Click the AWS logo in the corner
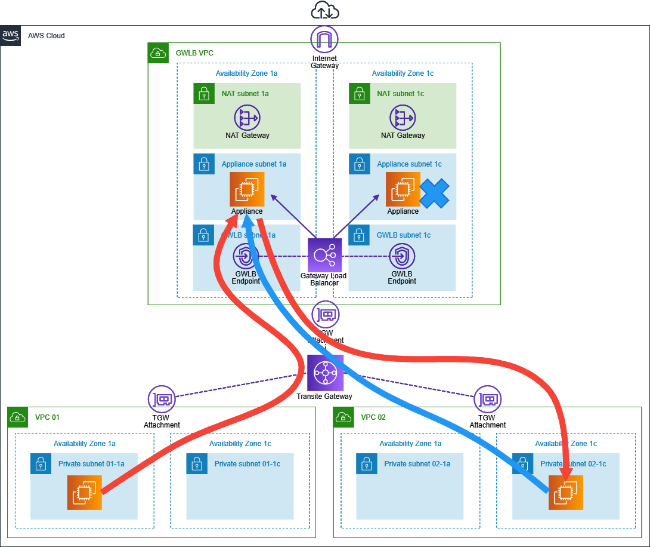click(x=11, y=36)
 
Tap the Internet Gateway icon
click(x=324, y=40)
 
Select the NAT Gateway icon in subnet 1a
click(x=247, y=118)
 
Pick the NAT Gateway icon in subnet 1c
click(x=403, y=118)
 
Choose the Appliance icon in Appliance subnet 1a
click(x=247, y=189)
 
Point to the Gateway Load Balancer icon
click(x=324, y=256)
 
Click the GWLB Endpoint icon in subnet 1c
click(x=402, y=257)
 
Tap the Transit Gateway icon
click(x=325, y=373)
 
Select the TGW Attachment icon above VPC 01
click(x=162, y=399)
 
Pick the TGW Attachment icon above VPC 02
click(x=488, y=399)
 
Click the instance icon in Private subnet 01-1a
click(x=85, y=493)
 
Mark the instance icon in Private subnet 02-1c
click(x=566, y=493)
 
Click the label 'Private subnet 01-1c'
click(x=247, y=464)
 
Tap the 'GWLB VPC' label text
click(x=194, y=53)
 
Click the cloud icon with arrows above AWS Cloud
click(x=325, y=11)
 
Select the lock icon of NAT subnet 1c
click(x=359, y=94)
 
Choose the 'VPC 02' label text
click(x=373, y=417)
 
